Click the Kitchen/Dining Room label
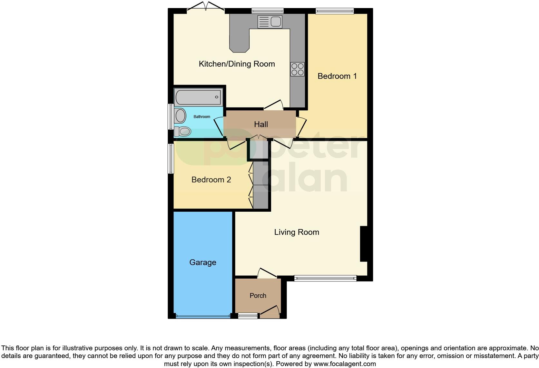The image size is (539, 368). [x=237, y=64]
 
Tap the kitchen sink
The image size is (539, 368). [x=270, y=22]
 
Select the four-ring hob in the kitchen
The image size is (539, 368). [x=297, y=69]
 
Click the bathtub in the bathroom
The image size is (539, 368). [x=198, y=97]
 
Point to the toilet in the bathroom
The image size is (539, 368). [x=182, y=131]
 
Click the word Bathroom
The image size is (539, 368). [x=202, y=117]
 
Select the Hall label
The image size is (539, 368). [x=261, y=124]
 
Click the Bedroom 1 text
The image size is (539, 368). [x=337, y=76]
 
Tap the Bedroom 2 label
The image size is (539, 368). [x=211, y=179]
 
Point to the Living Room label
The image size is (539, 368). [x=297, y=232]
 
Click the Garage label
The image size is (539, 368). [x=202, y=262]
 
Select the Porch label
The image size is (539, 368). [x=258, y=295]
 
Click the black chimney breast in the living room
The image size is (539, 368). [x=363, y=244]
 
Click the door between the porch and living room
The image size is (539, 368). [x=267, y=273]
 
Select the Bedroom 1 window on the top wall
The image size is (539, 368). [x=334, y=11]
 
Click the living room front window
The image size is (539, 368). [x=325, y=278]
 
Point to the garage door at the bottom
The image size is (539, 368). [x=203, y=316]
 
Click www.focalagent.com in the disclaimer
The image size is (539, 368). [x=344, y=364]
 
